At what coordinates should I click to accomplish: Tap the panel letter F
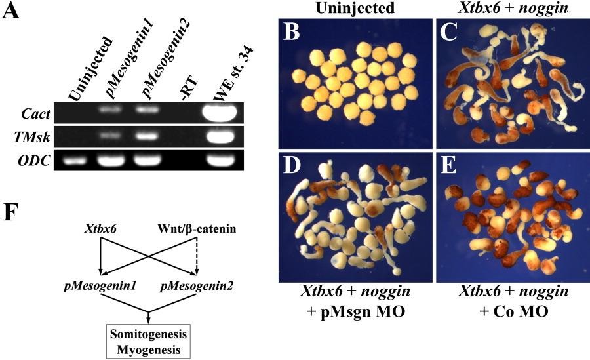[x=12, y=217]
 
